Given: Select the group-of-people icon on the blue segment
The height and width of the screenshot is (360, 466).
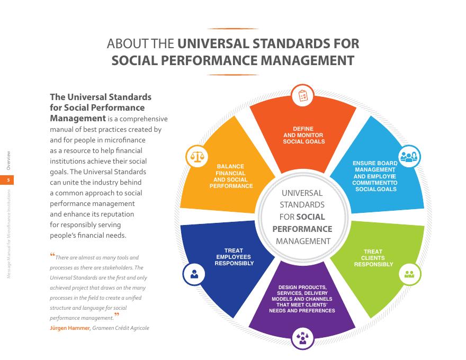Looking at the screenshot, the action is [409, 156].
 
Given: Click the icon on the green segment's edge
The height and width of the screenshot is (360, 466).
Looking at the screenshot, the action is [409, 274].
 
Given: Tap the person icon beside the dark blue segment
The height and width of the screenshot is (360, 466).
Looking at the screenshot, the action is [194, 273].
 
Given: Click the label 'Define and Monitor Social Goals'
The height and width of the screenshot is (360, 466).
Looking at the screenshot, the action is [303, 135].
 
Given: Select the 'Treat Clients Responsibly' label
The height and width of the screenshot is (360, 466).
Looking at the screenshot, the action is [373, 258].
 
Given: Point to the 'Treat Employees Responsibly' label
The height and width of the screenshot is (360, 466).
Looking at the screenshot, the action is [234, 257].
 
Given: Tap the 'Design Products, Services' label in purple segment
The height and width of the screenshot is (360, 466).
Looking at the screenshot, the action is [302, 299].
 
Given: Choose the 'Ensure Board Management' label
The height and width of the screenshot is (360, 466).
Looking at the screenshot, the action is [375, 175].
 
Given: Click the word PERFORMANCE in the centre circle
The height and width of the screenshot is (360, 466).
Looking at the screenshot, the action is [302, 229].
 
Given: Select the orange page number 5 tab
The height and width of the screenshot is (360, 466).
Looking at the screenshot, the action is [8, 181].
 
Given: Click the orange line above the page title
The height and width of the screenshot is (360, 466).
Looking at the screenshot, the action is [233, 29].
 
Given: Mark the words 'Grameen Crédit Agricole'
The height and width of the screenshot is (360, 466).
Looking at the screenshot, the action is [121, 328].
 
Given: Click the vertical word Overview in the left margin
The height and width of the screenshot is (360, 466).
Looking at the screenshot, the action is [8, 161].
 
